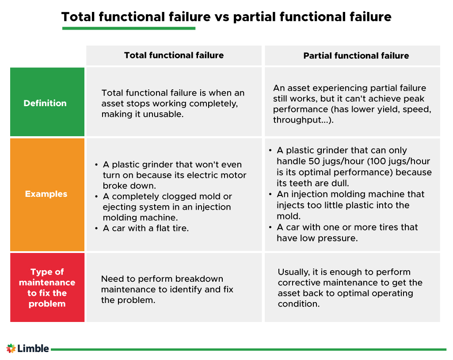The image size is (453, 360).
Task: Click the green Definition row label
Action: [45, 103]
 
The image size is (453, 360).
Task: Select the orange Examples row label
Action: [46, 194]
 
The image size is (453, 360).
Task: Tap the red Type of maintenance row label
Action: [47, 288]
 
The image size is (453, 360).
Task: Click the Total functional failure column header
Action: [174, 55]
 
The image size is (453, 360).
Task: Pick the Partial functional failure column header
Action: [356, 56]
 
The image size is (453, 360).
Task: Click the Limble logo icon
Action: [11, 349]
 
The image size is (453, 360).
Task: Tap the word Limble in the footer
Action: [33, 349]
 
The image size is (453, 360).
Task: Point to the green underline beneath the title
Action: [129, 28]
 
